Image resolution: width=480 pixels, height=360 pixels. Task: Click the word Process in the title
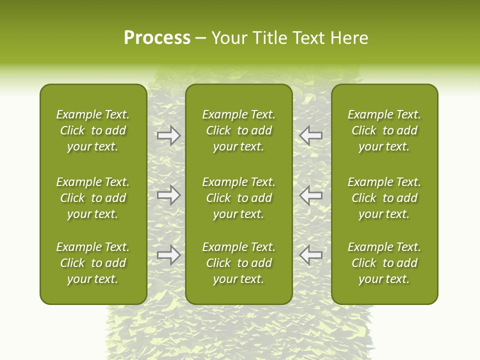(x=157, y=38)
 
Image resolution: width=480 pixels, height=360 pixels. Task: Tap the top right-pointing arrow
(x=168, y=135)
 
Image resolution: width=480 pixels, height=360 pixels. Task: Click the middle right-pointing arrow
(x=168, y=195)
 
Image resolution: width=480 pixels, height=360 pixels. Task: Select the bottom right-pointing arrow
(x=168, y=255)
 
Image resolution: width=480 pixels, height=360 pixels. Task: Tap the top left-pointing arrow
(x=311, y=135)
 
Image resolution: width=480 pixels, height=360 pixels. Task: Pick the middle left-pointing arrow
(x=311, y=195)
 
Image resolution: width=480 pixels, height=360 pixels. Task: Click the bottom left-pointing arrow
(x=311, y=255)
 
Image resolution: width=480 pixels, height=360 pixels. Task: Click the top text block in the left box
(x=93, y=130)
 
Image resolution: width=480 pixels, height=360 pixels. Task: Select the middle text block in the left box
(x=93, y=198)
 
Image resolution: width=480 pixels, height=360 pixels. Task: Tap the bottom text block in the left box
(x=93, y=263)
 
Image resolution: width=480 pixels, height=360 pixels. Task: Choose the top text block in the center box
(x=239, y=130)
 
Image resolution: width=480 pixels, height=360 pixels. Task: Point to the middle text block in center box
(x=239, y=198)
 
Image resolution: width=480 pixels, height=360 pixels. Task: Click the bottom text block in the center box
(x=239, y=263)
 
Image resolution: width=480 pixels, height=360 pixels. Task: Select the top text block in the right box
(x=384, y=130)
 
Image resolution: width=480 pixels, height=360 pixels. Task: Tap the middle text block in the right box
(x=384, y=198)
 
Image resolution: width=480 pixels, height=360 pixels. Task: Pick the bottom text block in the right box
(x=384, y=263)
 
